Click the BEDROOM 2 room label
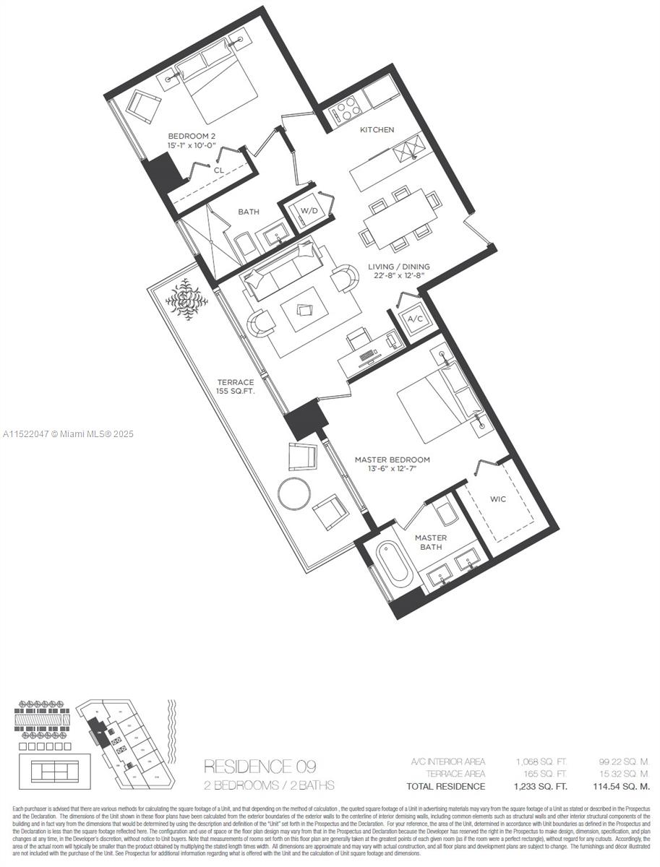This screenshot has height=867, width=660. (192, 136)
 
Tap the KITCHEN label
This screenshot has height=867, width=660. (377, 130)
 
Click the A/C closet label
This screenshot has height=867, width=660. (415, 319)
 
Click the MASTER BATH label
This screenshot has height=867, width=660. (431, 543)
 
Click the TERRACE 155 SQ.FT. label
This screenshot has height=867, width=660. (236, 386)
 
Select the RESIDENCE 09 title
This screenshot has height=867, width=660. (260, 766)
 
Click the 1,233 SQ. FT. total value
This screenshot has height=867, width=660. (540, 786)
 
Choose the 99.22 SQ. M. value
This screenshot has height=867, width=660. (625, 762)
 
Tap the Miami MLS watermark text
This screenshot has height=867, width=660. (69, 434)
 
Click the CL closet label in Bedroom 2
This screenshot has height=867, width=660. (218, 171)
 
